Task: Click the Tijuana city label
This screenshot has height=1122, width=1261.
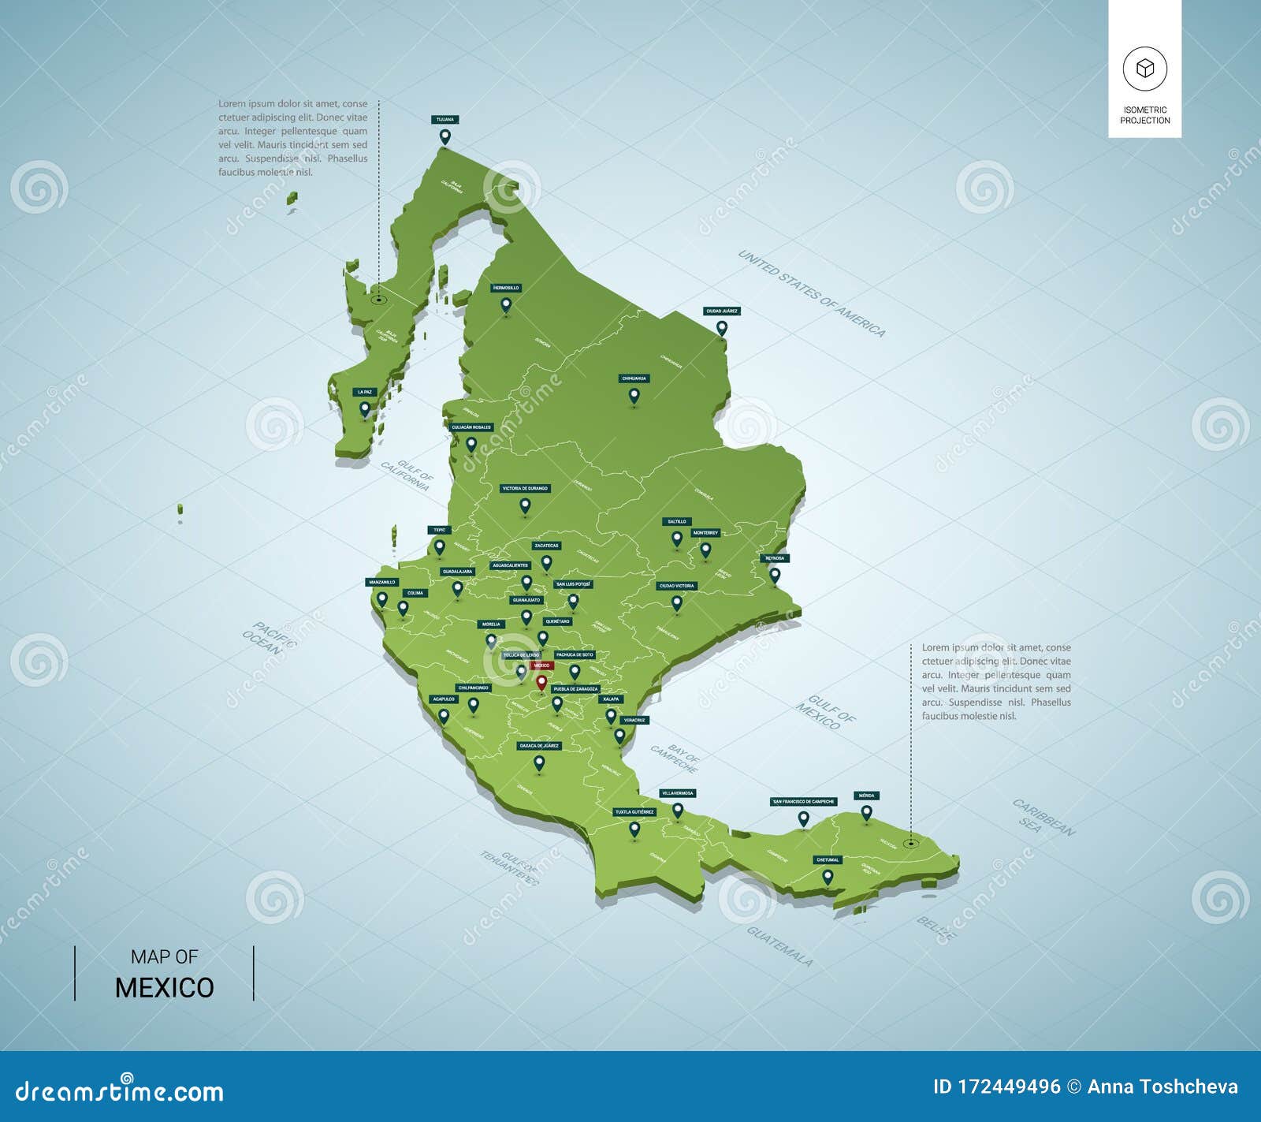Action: pos(445,120)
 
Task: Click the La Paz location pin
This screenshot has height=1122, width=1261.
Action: pos(365,408)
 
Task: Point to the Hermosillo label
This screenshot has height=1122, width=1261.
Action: pos(506,288)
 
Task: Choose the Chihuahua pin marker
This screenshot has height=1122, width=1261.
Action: pos(634,395)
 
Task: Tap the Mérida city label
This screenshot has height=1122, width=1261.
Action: pos(866,796)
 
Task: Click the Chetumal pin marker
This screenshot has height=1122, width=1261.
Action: pos(828,876)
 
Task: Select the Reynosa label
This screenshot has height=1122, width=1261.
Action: pos(775,558)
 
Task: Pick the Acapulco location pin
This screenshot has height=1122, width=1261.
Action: pos(444,716)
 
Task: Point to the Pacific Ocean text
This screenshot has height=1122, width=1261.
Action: pos(268,638)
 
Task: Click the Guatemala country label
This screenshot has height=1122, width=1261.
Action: pos(779,946)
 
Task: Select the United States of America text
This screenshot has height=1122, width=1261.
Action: pos(811,293)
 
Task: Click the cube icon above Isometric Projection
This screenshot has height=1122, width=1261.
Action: pos(1144,69)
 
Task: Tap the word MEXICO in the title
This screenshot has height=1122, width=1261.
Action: pos(164,988)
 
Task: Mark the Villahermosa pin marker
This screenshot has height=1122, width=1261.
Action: pos(678,810)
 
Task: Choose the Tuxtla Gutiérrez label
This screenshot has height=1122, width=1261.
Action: pos(634,811)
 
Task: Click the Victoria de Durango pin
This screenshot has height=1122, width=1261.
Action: pos(525,505)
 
